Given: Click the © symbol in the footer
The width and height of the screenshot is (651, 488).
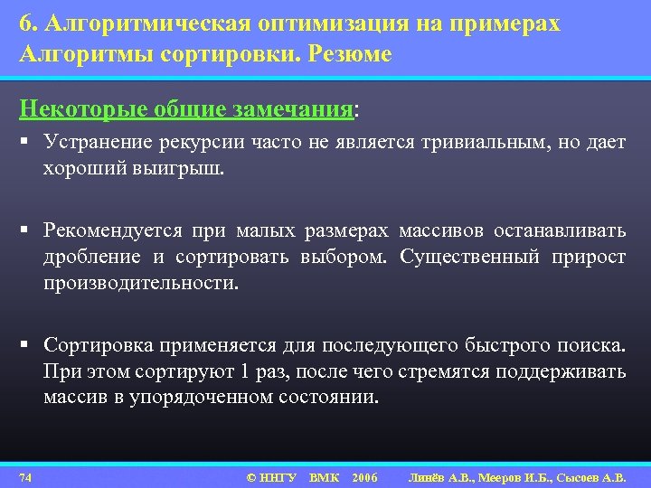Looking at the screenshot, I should tap(251, 476).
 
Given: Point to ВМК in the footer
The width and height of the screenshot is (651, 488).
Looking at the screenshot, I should tap(324, 476).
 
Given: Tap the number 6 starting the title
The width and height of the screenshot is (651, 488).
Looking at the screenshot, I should tap(24, 23).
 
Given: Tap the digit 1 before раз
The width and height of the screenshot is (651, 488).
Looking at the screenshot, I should tap(245, 371).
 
